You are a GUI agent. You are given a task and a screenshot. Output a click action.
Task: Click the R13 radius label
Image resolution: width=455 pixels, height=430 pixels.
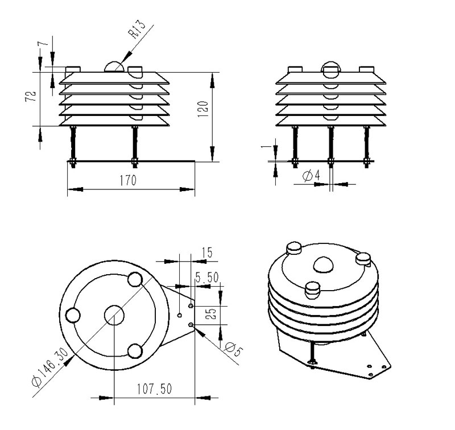pyautogui.click(x=138, y=30)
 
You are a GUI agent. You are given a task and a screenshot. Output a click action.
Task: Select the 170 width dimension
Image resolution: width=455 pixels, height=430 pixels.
pyautogui.click(x=128, y=180)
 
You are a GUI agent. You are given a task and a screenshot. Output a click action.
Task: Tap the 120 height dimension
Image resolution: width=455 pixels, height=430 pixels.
pyautogui.click(x=203, y=109)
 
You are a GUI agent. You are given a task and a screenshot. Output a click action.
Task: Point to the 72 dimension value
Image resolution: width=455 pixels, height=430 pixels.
pyautogui.click(x=31, y=96)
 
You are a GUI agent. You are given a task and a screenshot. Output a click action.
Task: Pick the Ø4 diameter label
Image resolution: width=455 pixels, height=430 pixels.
pyautogui.click(x=311, y=176)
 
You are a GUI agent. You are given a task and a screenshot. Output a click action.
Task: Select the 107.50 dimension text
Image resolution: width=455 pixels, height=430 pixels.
pyautogui.click(x=154, y=389)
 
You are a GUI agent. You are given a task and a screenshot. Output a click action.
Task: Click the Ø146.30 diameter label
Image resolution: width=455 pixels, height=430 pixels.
pyautogui.click(x=49, y=366)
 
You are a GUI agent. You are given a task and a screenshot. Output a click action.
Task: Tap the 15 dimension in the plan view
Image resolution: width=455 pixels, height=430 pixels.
pyautogui.click(x=207, y=253)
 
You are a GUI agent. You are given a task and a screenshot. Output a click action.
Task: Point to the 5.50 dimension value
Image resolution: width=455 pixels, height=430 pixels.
pyautogui.click(x=207, y=278)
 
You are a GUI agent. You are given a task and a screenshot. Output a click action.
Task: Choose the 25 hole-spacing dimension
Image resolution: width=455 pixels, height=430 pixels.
pyautogui.click(x=212, y=313)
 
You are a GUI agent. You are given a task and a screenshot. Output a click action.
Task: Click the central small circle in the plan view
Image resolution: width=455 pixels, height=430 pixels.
pyautogui.click(x=114, y=315)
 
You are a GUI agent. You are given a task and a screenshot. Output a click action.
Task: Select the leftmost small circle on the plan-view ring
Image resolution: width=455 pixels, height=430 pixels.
pyautogui.click(x=73, y=316)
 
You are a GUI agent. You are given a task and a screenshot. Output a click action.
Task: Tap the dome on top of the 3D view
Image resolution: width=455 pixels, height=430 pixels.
pyautogui.click(x=323, y=264)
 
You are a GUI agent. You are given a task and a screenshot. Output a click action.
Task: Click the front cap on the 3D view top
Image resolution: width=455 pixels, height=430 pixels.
pyautogui.click(x=312, y=290)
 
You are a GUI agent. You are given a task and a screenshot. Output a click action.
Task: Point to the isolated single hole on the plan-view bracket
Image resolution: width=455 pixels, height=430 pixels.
pyautogui.click(x=180, y=315)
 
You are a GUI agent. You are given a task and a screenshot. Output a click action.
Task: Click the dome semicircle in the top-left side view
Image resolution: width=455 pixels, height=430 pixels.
pyautogui.click(x=114, y=67)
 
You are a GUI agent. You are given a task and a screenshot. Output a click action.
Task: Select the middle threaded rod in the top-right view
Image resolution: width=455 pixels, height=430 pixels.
pyautogui.click(x=331, y=147)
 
